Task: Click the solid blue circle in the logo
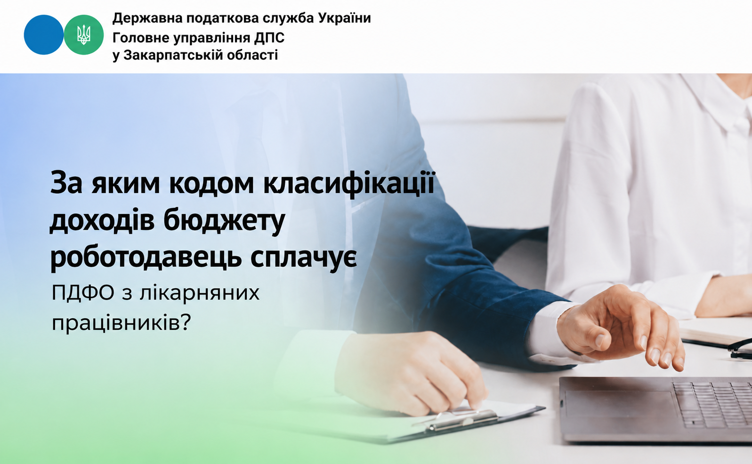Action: coord(44,34)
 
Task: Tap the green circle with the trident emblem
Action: coord(84,34)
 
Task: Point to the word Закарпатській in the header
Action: coord(174,55)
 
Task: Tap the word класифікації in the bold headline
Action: coord(349,184)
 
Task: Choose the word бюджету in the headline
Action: coord(224,221)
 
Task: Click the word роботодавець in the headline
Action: coord(146,258)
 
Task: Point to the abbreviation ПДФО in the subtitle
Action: coord(83,293)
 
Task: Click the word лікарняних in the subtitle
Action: coord(200,293)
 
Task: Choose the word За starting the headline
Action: coord(66,183)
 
